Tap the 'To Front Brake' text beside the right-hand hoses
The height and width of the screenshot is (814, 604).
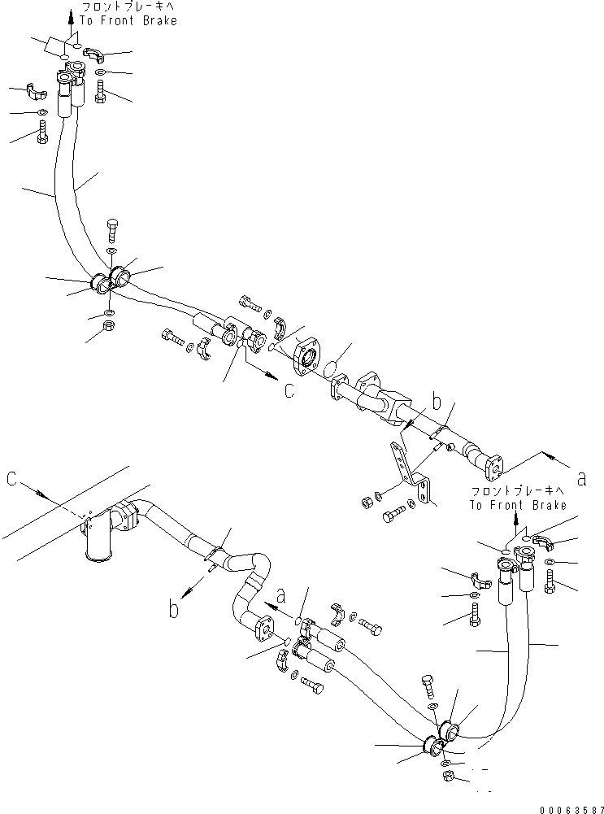click(x=517, y=505)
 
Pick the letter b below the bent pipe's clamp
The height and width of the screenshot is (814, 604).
click(x=174, y=609)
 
